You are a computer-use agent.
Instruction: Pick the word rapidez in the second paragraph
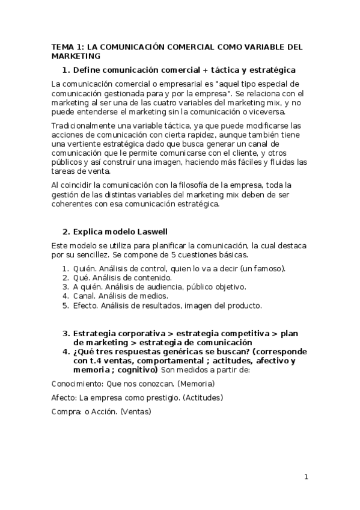[x=191, y=135]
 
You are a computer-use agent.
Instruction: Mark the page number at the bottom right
[x=306, y=478]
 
